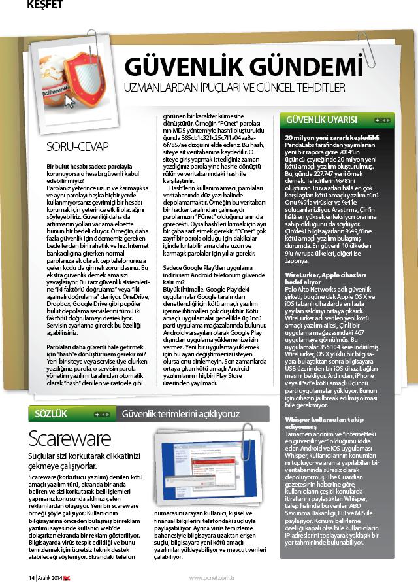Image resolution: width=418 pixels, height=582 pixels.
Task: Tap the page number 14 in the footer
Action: pos(31,577)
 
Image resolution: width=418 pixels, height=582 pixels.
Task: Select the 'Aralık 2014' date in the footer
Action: pos(51,577)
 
